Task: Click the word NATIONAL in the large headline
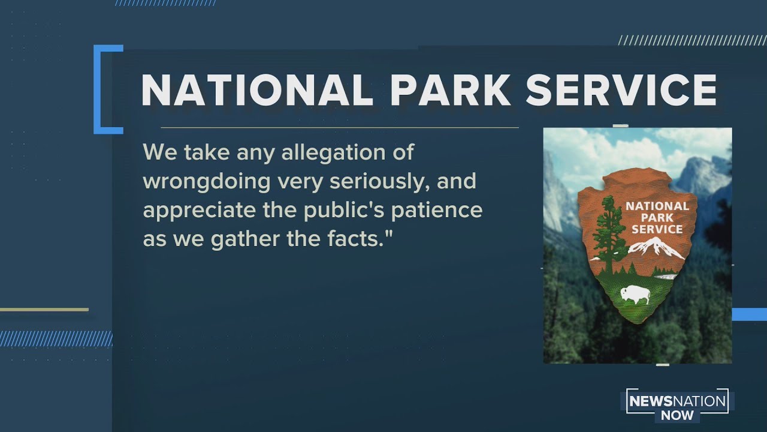click(257, 90)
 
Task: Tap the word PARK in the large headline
click(451, 90)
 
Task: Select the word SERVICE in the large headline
click(621, 90)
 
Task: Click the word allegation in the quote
click(334, 152)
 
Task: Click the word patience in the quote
click(437, 211)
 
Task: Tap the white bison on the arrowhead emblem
click(636, 295)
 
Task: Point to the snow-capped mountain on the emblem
click(655, 248)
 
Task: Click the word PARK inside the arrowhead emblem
click(657, 218)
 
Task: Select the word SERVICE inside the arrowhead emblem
click(657, 229)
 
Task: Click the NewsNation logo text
click(677, 401)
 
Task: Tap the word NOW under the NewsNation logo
click(677, 416)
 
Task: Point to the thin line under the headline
click(340, 128)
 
